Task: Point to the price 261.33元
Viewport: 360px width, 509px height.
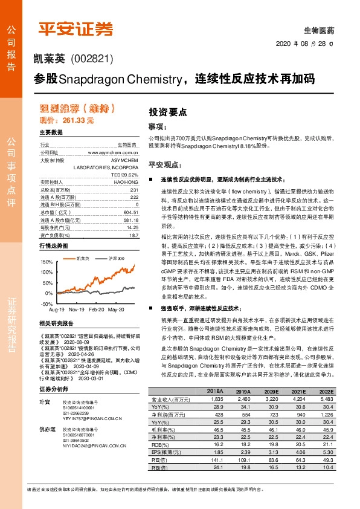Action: coord(67,121)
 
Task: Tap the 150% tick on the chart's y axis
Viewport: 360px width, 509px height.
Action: coord(46,262)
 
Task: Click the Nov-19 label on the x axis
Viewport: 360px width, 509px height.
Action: coord(76,309)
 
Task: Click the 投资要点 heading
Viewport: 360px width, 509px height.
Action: coord(167,112)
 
